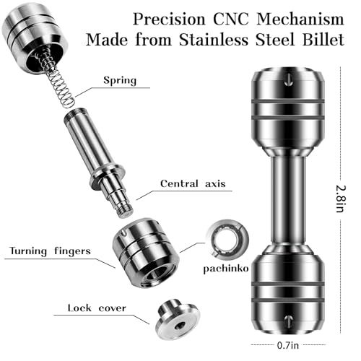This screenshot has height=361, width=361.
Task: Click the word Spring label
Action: pos(120,80)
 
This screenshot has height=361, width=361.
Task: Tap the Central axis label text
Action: pos(193,184)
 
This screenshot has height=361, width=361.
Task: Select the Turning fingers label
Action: pos(50,251)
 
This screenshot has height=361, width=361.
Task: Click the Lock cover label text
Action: pos(97,308)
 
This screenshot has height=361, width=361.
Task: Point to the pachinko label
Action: pos(226,269)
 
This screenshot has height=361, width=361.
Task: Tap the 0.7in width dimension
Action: pos(288,345)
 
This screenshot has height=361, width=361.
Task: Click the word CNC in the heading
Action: pos(230,19)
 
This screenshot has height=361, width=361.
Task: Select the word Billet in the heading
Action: pos(323,40)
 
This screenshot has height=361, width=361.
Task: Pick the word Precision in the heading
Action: pos(169,19)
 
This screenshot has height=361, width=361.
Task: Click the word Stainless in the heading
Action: pos(214,40)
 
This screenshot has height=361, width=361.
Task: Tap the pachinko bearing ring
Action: pos(227,239)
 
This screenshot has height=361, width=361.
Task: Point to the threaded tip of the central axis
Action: pos(125,210)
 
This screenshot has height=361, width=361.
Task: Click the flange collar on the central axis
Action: pos(108,177)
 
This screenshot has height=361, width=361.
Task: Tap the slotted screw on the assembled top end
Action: pos(288,79)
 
